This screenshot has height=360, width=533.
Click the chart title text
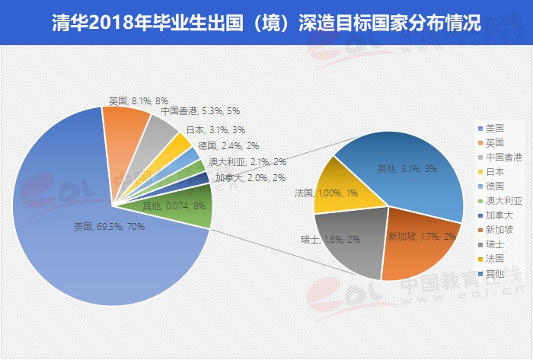(x=266, y=23)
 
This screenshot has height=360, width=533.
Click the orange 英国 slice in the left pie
(x=126, y=134)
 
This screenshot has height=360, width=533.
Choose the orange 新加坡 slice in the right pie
(x=415, y=244)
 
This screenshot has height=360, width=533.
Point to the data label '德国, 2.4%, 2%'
(x=228, y=145)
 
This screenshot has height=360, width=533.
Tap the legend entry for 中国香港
(x=501, y=158)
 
